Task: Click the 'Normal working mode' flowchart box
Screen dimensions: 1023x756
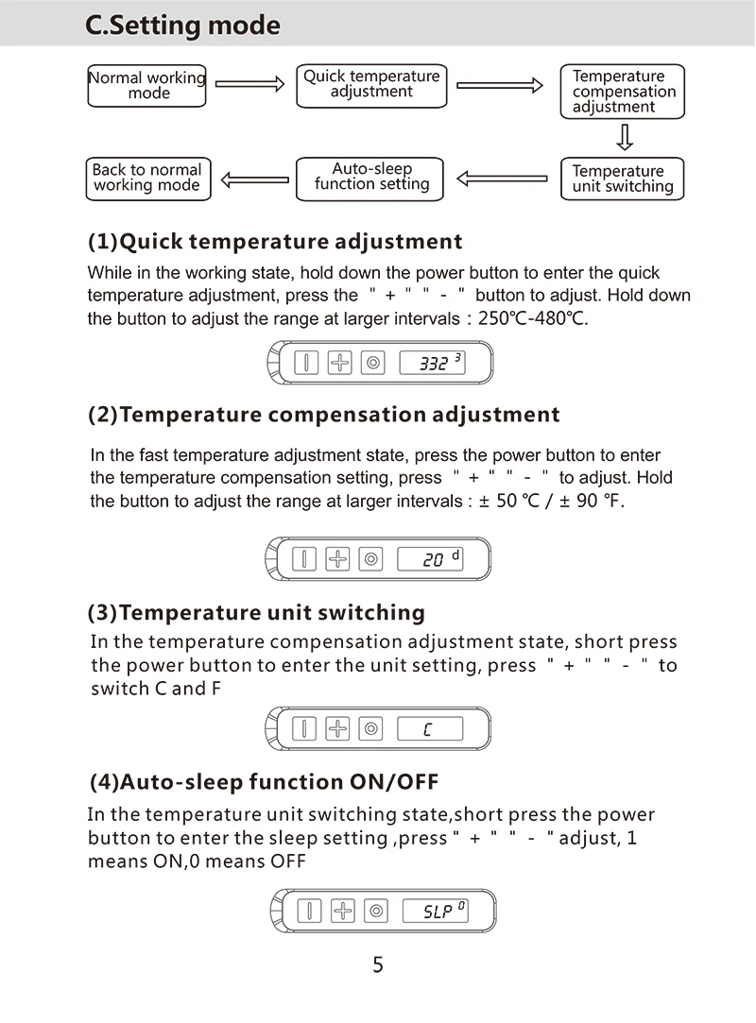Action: [146, 85]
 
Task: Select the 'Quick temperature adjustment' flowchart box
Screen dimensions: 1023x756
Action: [371, 84]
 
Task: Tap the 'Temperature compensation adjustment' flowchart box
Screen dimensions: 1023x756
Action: [622, 92]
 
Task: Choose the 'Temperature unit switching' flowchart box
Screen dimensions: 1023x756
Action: [622, 179]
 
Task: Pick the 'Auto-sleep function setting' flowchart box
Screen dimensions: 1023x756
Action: [370, 178]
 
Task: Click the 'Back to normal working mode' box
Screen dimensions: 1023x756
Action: [147, 179]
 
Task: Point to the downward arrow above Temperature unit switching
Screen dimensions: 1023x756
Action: [624, 139]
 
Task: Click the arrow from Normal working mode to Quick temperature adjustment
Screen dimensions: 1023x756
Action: [249, 84]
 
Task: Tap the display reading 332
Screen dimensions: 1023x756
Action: [432, 363]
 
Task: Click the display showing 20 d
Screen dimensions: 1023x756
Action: [430, 559]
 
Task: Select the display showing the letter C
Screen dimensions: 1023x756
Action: [430, 729]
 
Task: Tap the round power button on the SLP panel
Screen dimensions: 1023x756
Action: [377, 912]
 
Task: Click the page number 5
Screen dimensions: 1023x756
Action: [378, 965]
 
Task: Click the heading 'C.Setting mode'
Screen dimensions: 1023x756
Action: [182, 26]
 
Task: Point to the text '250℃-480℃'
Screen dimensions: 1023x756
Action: [533, 318]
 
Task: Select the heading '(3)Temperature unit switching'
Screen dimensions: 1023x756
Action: [256, 613]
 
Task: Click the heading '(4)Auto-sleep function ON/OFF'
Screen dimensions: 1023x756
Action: [264, 782]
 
